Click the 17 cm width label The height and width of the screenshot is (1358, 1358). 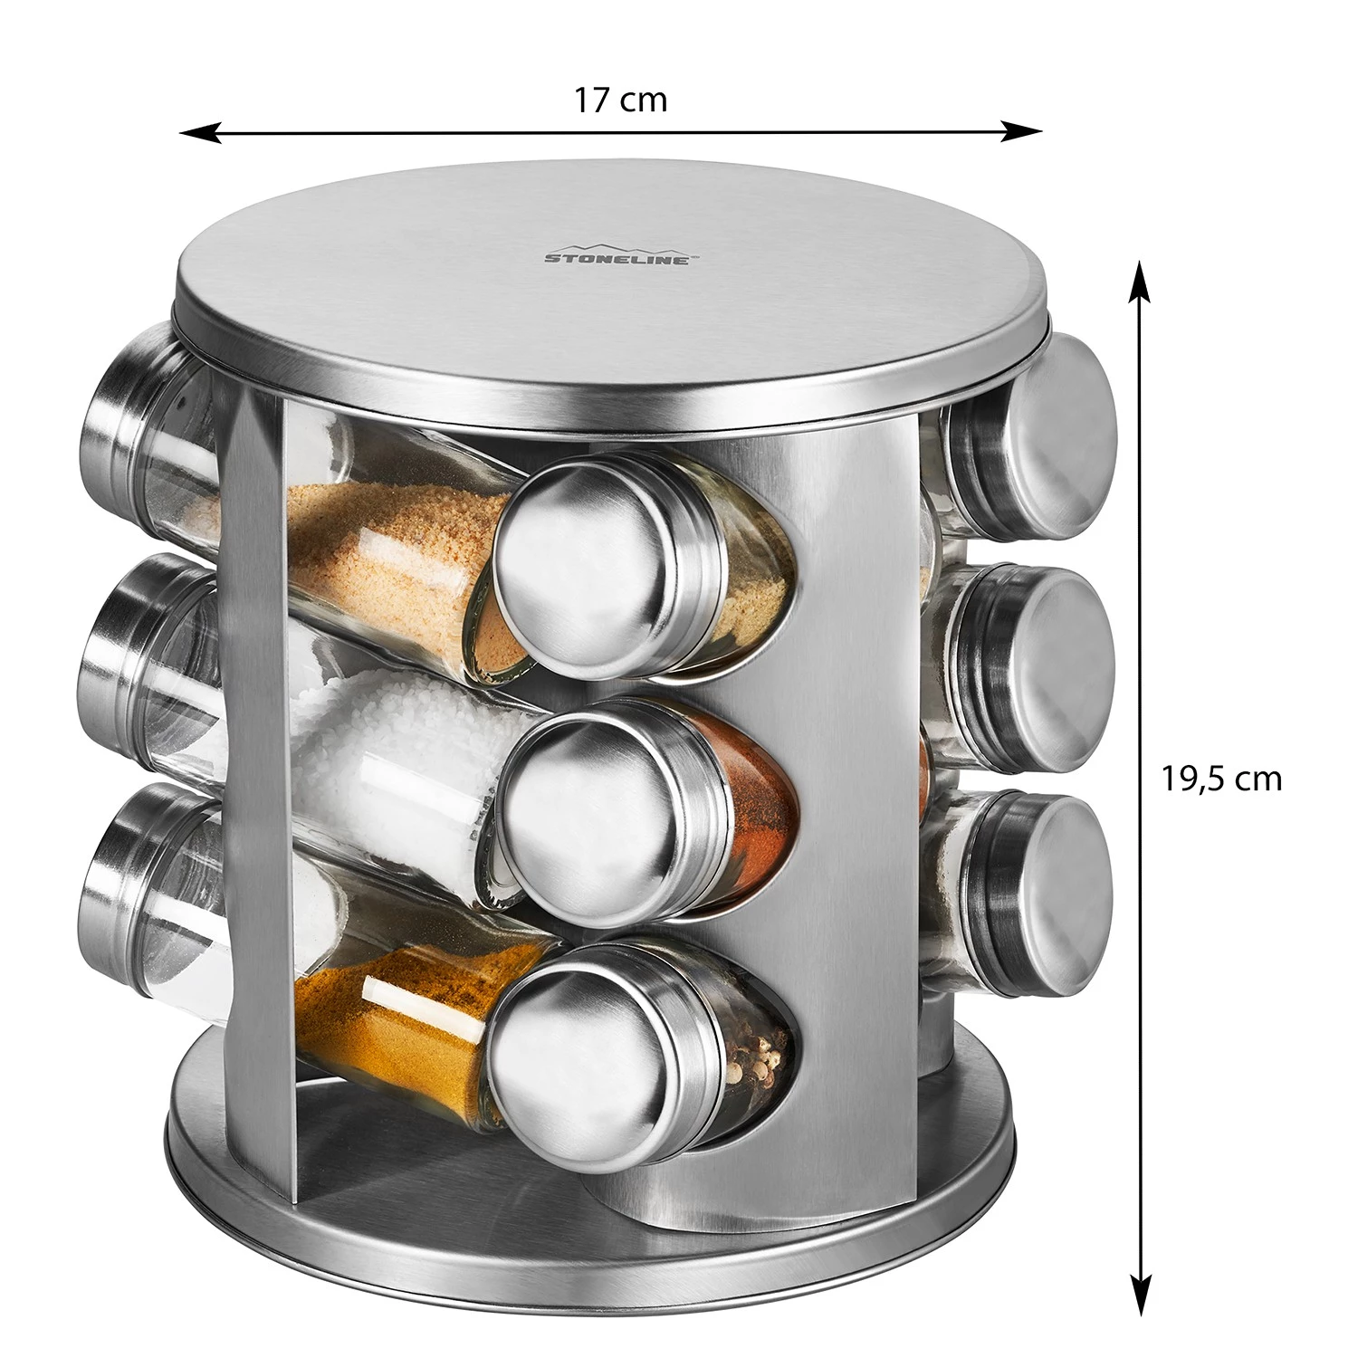pyautogui.click(x=620, y=99)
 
